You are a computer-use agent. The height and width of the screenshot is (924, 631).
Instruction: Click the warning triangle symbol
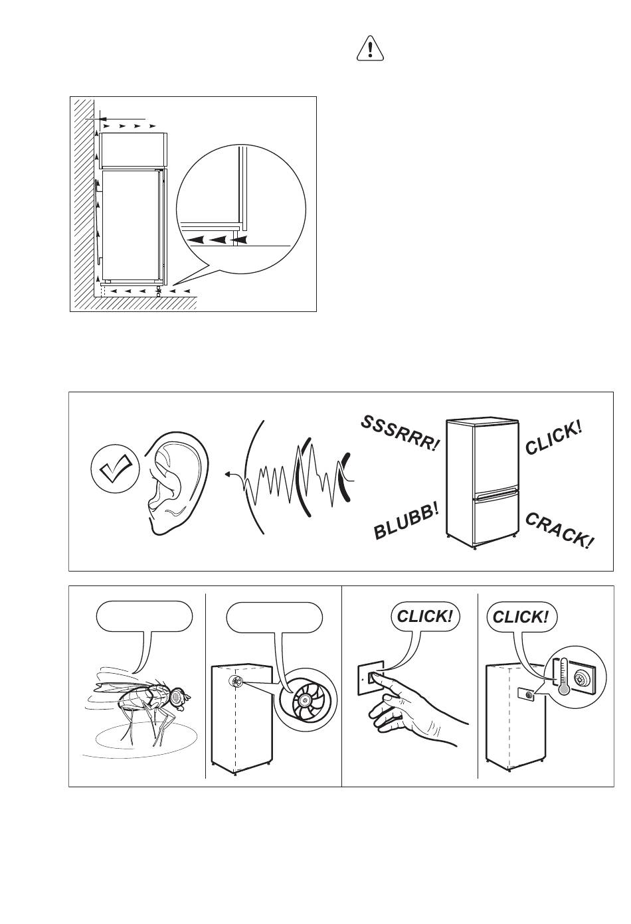point(370,49)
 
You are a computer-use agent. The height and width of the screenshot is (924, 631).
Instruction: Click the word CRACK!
point(559,530)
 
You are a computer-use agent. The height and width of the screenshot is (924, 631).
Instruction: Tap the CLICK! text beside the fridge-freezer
point(553,438)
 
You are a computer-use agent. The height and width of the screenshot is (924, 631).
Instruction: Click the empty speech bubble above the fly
point(145,617)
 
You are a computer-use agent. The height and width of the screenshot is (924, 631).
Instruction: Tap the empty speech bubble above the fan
point(274,617)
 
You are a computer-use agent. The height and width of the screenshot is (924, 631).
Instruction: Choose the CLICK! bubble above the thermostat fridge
point(521,617)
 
